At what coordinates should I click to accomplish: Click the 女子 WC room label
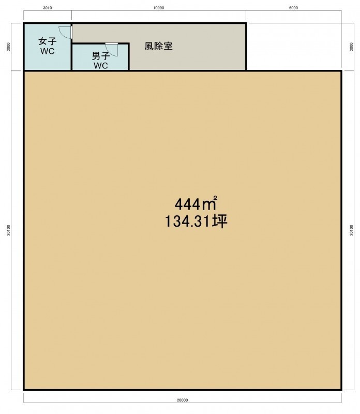coord(48,46)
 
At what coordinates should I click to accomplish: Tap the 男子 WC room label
coord(101,61)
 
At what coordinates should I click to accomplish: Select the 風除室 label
coord(158,46)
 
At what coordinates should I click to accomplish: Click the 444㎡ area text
coord(196,203)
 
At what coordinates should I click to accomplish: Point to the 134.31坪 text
coord(196,221)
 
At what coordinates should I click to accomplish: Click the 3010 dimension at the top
coord(48,8)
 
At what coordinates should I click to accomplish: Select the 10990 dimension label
coord(159,8)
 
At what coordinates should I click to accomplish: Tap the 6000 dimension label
coord(293,8)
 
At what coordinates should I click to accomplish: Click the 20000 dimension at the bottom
coord(183,400)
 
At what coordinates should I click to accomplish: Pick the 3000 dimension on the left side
coord(8,47)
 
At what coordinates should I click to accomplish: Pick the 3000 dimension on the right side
coord(351,47)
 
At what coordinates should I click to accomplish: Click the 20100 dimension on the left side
coord(8,230)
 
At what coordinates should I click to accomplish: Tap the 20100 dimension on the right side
coord(351,230)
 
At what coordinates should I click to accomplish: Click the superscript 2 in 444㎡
coord(215,198)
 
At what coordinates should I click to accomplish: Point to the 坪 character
coord(220,221)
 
